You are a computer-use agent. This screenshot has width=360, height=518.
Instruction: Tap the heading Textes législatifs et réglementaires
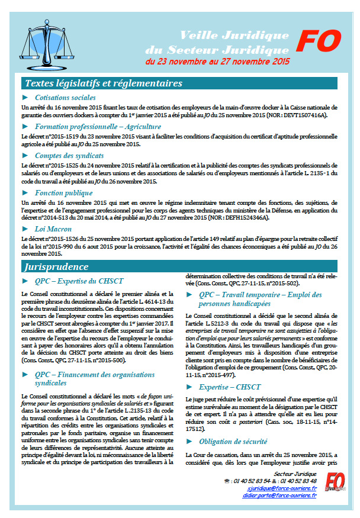pos(103,83)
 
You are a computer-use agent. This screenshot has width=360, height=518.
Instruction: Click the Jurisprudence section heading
pos(57,266)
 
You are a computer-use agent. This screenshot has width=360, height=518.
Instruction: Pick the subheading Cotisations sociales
pos(65,97)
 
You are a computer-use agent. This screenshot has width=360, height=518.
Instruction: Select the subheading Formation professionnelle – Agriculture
pos(97,126)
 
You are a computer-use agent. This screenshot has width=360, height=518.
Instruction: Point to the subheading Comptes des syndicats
pos(70,155)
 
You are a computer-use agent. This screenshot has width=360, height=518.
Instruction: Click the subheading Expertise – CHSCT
pos(230,387)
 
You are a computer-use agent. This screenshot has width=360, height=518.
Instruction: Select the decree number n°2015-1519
pos(60,136)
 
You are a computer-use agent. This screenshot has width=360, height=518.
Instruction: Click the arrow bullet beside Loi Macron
pos(24,230)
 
